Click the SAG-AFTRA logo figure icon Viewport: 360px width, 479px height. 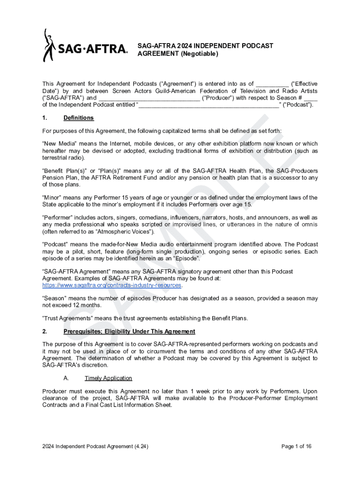[49, 45]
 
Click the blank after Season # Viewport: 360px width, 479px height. [313, 98]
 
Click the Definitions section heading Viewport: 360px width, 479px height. [79, 118]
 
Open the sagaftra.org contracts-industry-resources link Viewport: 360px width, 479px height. [112, 285]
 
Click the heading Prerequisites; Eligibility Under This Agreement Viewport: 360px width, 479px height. [129, 332]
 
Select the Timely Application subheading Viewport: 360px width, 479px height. [108, 378]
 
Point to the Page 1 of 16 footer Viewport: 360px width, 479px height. [296, 446]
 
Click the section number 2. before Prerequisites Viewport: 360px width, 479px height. [45, 332]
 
